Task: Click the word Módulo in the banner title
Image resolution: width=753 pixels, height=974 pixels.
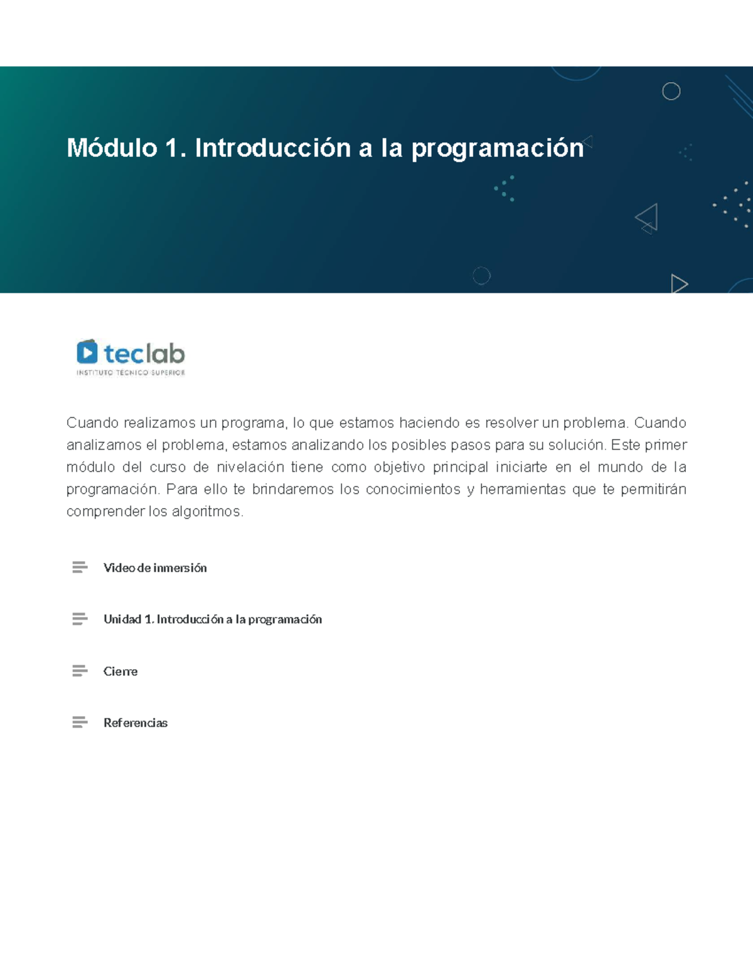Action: click(112, 148)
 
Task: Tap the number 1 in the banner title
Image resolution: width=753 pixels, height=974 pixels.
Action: click(171, 148)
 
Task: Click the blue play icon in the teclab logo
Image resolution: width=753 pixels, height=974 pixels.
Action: click(87, 352)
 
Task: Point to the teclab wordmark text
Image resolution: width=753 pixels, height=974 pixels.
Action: click(144, 354)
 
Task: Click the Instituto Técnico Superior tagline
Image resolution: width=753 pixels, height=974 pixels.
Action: click(131, 373)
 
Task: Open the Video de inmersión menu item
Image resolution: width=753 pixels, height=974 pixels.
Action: click(155, 568)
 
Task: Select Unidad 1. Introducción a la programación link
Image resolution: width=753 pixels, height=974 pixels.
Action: click(213, 620)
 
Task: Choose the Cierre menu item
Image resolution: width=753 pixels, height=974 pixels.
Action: click(120, 671)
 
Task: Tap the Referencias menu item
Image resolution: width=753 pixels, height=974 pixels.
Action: click(136, 723)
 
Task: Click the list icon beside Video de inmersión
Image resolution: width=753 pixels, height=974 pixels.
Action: click(80, 568)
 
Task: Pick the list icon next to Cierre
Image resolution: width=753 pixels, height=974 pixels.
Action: click(80, 671)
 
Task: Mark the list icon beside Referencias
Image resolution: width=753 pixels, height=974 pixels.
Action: click(80, 723)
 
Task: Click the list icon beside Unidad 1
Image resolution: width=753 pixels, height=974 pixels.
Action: click(80, 620)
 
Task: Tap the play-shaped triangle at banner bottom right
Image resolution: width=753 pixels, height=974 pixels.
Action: click(679, 283)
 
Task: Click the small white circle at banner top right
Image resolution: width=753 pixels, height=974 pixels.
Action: click(671, 92)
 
